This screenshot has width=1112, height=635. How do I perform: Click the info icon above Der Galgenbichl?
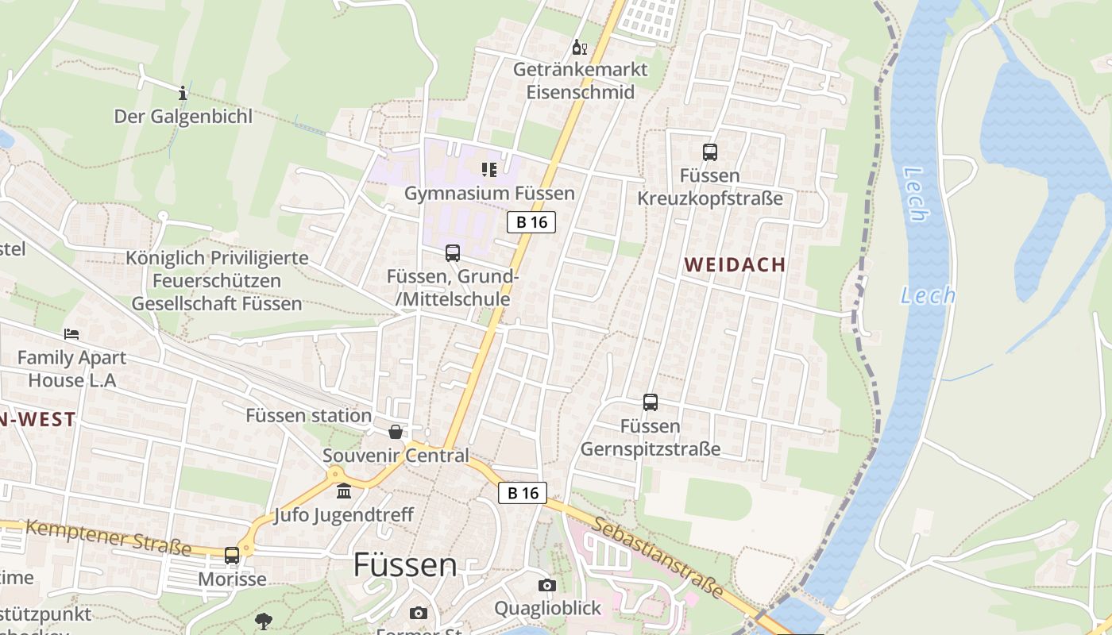click(183, 93)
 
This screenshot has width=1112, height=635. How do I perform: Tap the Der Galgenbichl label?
click(183, 117)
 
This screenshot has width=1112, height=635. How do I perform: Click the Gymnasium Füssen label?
click(489, 194)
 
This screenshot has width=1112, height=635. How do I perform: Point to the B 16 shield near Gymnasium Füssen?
click(531, 222)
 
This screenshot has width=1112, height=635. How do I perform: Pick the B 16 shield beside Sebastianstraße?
click(523, 493)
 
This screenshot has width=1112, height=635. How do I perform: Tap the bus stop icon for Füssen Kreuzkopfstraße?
click(710, 152)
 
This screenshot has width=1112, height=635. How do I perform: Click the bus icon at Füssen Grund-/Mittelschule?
click(453, 253)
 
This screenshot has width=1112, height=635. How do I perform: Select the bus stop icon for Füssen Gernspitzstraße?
click(651, 402)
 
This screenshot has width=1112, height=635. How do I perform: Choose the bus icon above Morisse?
click(232, 556)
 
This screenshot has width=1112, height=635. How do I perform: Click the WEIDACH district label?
click(735, 265)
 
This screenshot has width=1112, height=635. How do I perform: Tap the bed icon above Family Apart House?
click(71, 334)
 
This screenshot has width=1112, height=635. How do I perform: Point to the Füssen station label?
click(308, 415)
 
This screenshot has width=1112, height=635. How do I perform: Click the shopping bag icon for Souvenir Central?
click(395, 432)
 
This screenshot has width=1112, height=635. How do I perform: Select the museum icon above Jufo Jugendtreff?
click(344, 492)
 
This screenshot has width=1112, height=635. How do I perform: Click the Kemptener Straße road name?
click(109, 537)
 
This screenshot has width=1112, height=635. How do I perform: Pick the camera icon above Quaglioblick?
click(546, 586)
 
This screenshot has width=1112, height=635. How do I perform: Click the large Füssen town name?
click(405, 565)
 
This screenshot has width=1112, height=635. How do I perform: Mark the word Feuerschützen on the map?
click(217, 281)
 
